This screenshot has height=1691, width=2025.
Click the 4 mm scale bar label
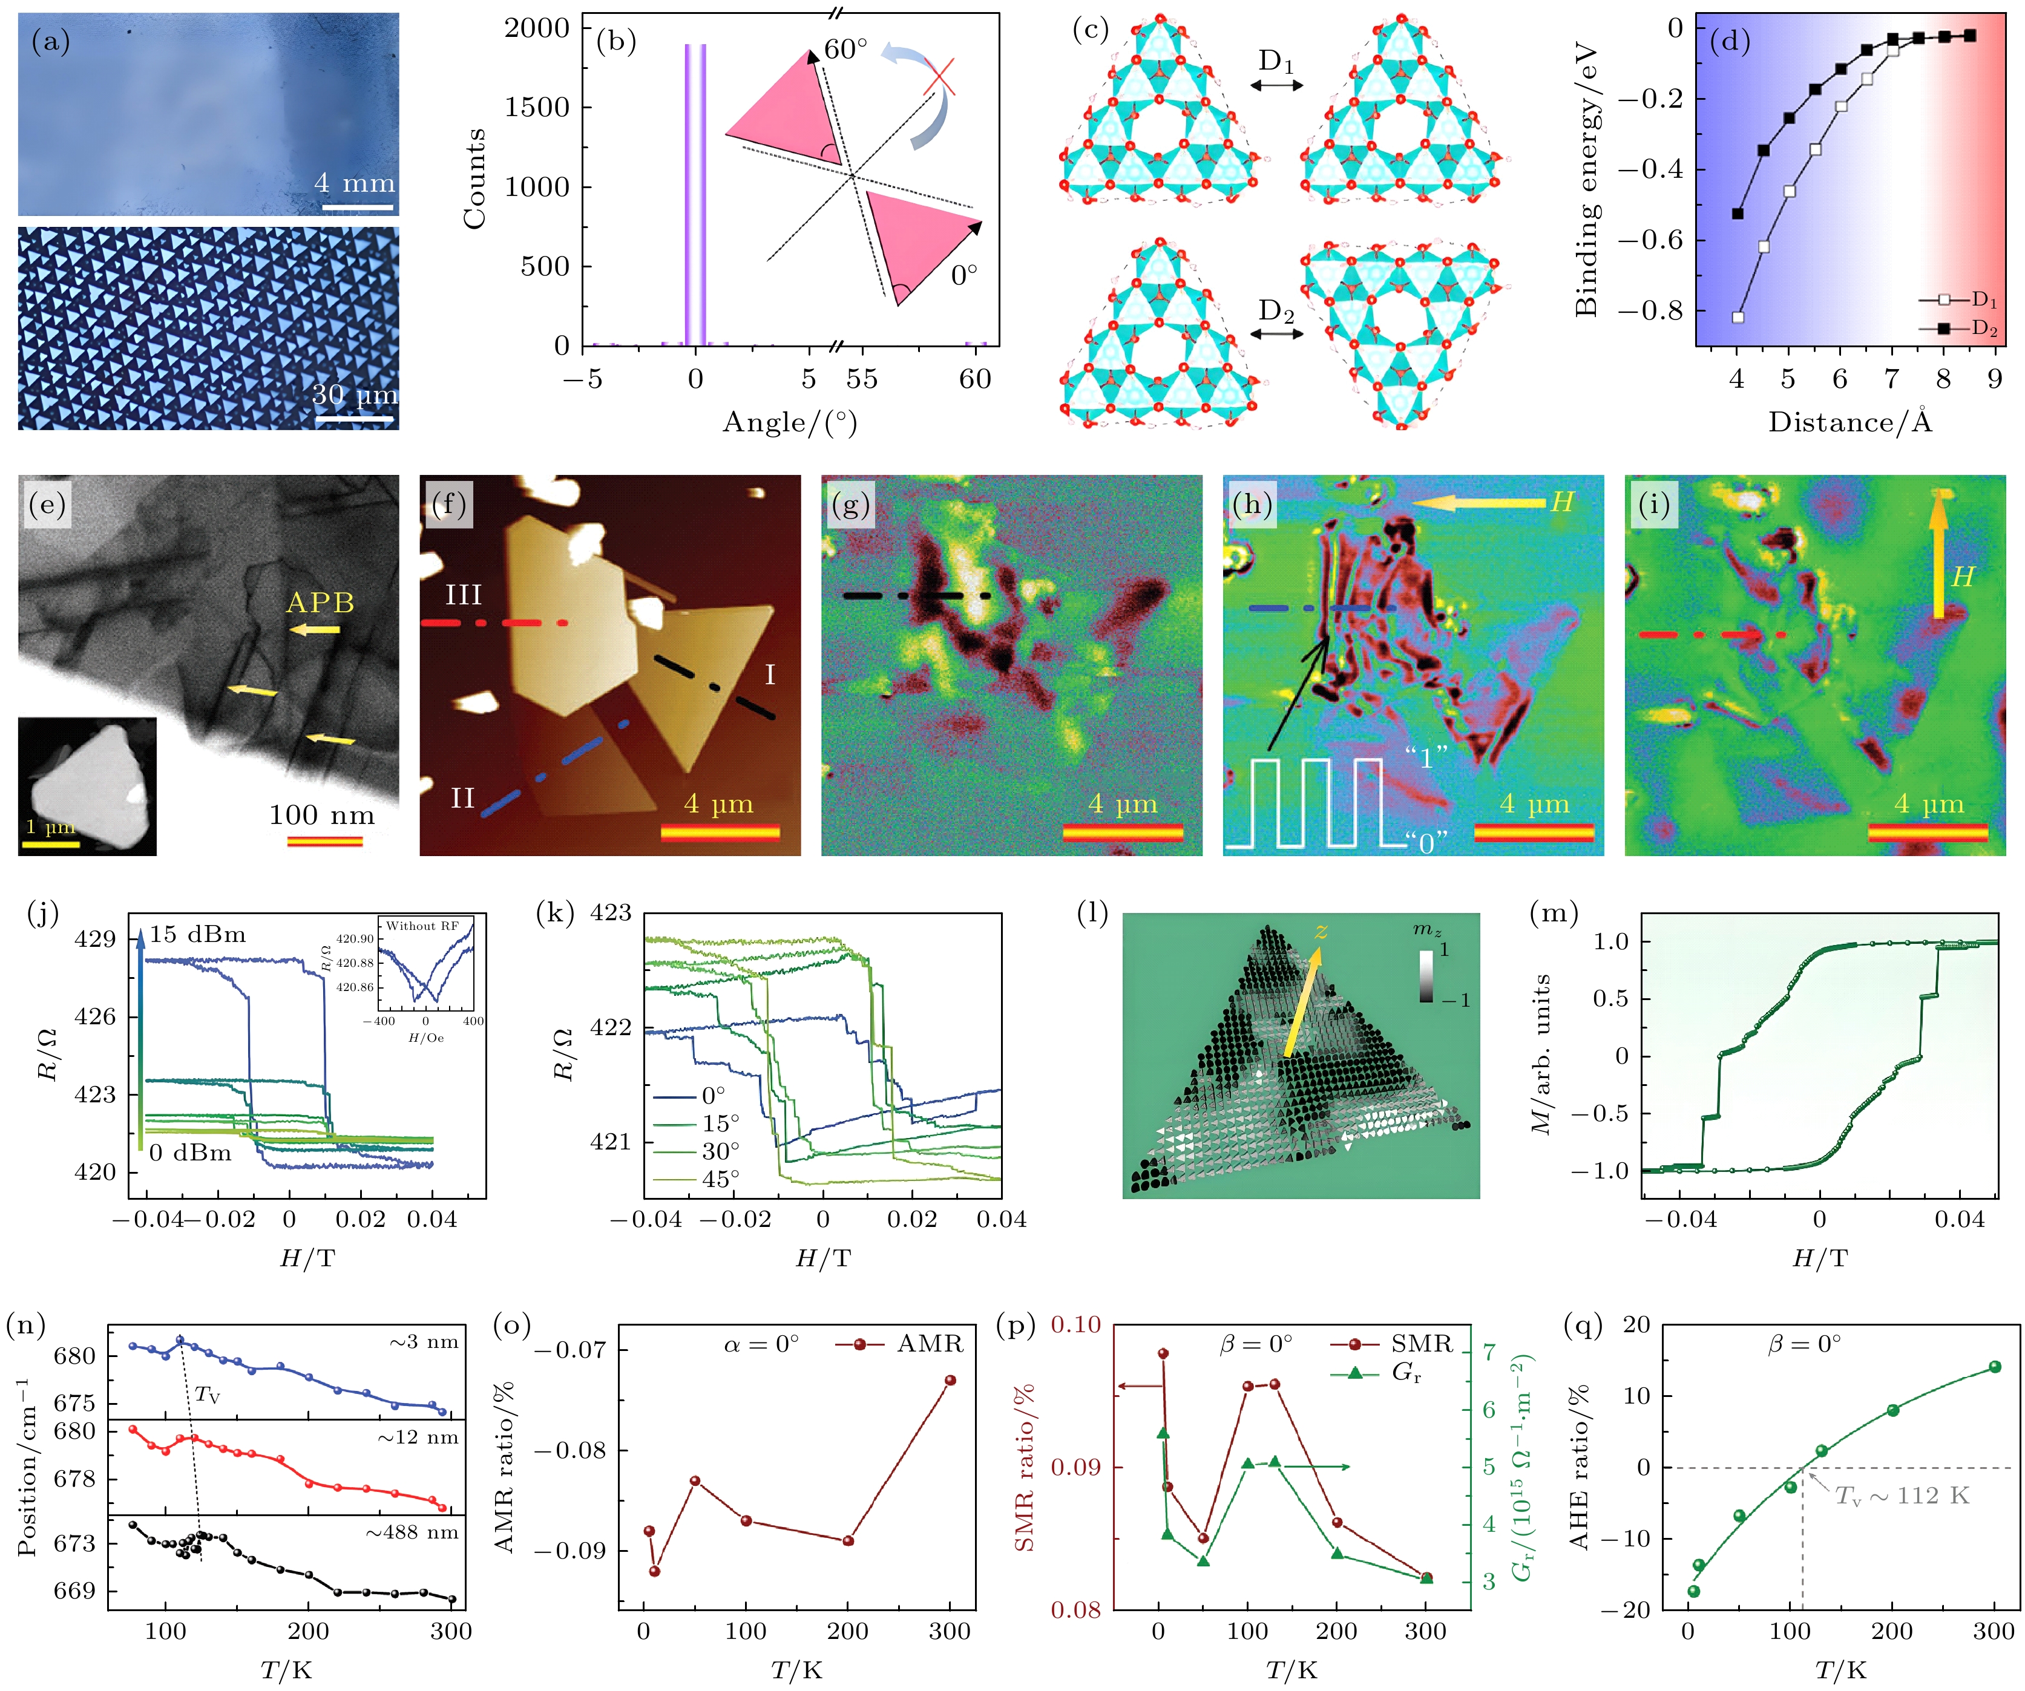coord(354,182)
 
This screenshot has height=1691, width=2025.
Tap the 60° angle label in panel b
coord(845,48)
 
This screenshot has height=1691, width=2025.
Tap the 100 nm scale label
coord(321,816)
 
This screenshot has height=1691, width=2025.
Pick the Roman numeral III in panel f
coord(463,595)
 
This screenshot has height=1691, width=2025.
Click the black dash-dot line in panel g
coord(916,596)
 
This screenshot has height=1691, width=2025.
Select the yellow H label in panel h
coord(1561,502)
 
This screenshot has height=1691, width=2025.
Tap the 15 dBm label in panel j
coord(198,934)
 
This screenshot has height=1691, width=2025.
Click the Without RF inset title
coord(422,926)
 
